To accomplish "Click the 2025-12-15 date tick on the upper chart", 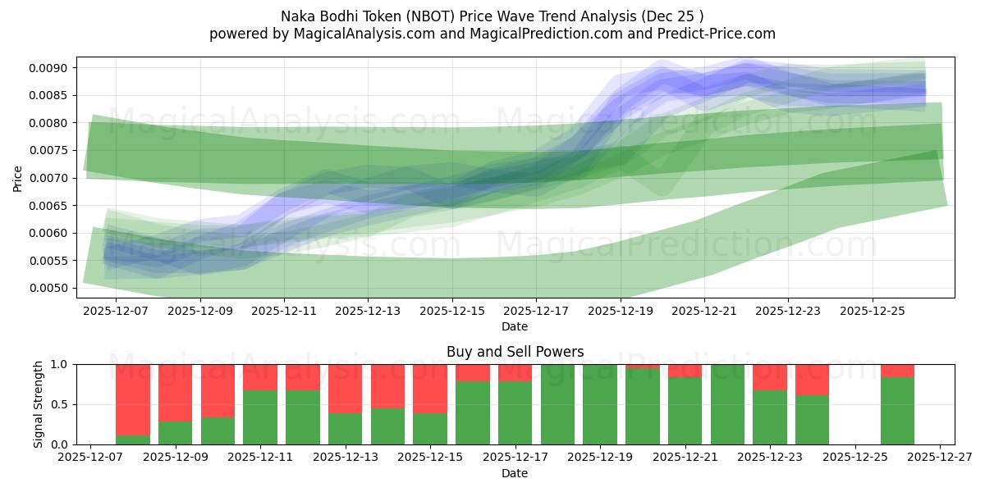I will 452,312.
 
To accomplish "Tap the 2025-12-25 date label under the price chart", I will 872,312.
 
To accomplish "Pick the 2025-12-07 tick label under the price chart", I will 116,312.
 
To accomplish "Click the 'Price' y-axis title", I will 18,178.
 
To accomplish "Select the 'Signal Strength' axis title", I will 38,404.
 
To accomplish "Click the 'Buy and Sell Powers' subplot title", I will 515,352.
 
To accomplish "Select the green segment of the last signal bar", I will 897,411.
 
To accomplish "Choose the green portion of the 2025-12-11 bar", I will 260,417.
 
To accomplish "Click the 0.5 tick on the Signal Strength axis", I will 62,404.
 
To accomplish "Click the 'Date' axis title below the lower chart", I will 515,473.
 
